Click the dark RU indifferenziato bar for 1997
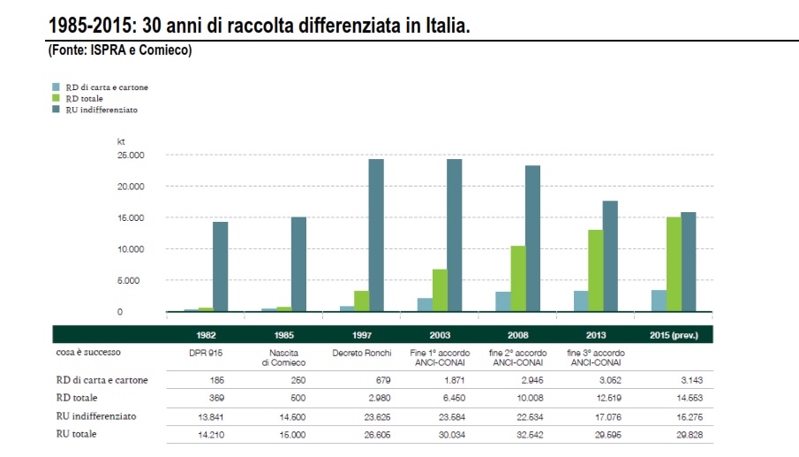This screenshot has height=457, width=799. pyautogui.click(x=376, y=235)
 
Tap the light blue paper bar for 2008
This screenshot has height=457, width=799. pyautogui.click(x=503, y=301)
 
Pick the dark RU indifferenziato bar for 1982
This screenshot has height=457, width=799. pyautogui.click(x=221, y=266)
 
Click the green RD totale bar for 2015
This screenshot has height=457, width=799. pyautogui.click(x=674, y=264)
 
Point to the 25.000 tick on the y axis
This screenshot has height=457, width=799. pyautogui.click(x=130, y=156)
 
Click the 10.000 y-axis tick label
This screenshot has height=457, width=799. pyautogui.click(x=130, y=249)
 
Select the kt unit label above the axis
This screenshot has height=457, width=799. pyautogui.click(x=122, y=141)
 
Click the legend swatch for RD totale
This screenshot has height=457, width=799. pyautogui.click(x=55, y=99)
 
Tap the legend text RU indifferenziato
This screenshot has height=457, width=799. pyautogui.click(x=102, y=110)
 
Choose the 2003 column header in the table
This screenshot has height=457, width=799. pyautogui.click(x=440, y=336)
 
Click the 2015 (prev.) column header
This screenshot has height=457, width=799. pyautogui.click(x=674, y=336)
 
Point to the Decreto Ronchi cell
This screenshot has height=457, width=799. pyautogui.click(x=362, y=353)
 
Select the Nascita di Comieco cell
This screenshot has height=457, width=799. pyautogui.click(x=283, y=357)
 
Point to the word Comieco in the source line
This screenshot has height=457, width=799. pyautogui.click(x=166, y=50)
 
